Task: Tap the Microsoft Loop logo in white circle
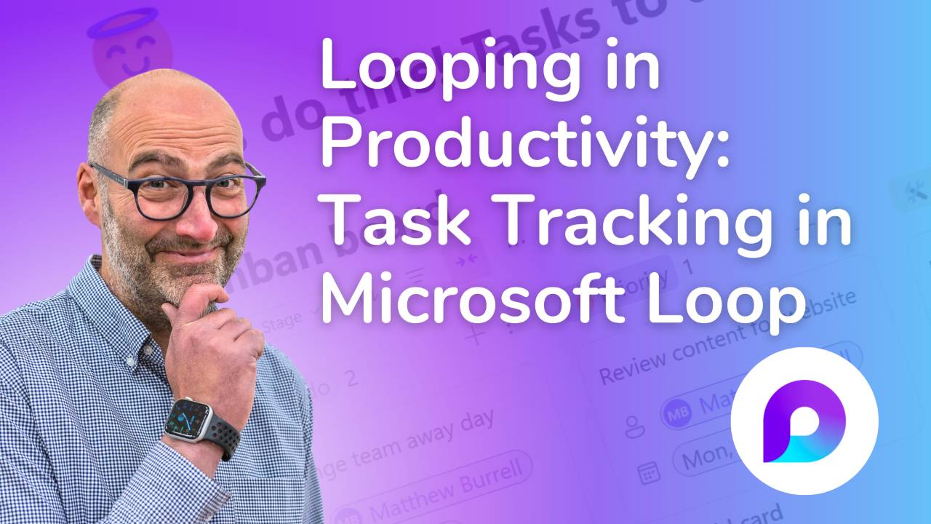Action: [804, 421]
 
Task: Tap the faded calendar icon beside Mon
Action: [647, 473]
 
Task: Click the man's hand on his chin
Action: [211, 327]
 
